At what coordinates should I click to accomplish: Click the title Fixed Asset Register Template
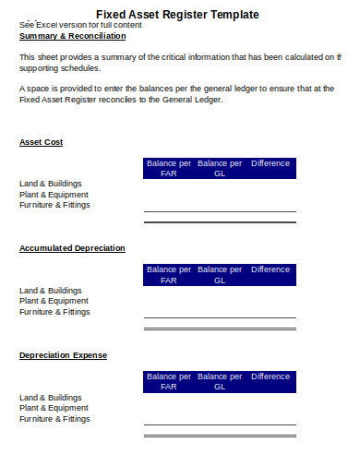pos(177,15)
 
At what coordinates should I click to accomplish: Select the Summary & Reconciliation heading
pos(72,36)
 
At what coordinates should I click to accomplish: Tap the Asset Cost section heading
pos(41,142)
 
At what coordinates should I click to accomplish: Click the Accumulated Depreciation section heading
pos(72,248)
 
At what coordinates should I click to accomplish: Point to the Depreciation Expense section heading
pos(63,355)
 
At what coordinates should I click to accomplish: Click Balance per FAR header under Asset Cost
pos(168,168)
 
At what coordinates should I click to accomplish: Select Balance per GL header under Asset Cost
pos(219,168)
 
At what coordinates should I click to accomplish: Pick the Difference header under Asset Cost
pos(270,163)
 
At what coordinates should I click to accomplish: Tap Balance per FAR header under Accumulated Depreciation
pos(168,274)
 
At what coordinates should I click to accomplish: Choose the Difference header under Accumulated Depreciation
pos(270,269)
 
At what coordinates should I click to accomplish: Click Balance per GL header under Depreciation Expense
pos(219,381)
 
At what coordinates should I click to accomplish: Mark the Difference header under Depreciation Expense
pos(270,376)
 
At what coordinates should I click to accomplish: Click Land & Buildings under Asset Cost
pos(51,184)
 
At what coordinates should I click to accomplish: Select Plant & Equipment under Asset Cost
pos(54,195)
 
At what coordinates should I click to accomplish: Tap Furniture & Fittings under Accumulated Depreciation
pos(54,312)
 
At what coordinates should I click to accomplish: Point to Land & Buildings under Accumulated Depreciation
pos(51,291)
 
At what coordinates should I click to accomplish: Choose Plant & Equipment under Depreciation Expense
pos(54,408)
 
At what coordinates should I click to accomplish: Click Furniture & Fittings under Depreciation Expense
pos(54,419)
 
